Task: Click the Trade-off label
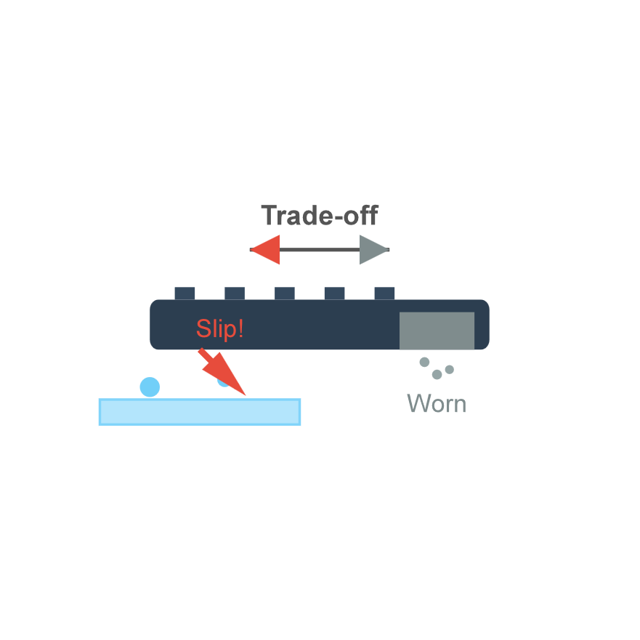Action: click(320, 216)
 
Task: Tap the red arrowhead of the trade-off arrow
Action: click(267, 250)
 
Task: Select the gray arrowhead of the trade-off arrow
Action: click(373, 250)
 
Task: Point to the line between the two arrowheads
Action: click(320, 250)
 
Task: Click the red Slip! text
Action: click(219, 329)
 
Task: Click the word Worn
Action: click(436, 404)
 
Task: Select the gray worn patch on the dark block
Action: click(437, 331)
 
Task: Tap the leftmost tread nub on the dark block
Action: click(185, 293)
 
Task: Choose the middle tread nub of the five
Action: click(285, 293)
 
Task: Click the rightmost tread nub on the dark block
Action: click(384, 293)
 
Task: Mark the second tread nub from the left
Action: click(235, 293)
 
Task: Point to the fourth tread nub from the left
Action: click(334, 293)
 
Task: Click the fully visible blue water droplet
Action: click(150, 387)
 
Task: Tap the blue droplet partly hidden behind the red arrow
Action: click(222, 382)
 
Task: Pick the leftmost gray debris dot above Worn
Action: click(424, 362)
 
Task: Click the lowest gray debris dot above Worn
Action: click(437, 375)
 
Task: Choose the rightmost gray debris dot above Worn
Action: click(450, 369)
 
